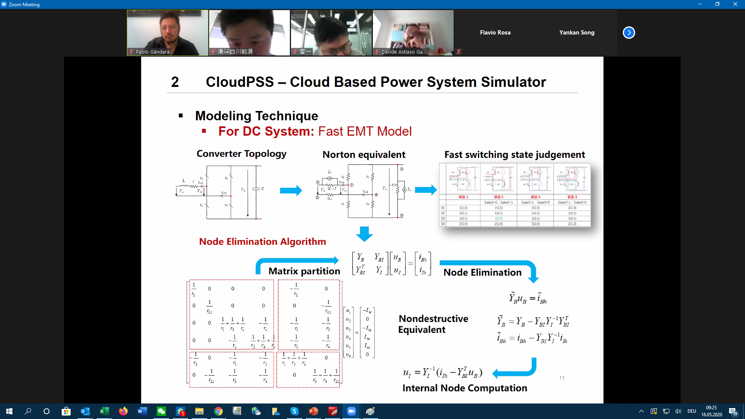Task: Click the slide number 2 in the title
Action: point(175,82)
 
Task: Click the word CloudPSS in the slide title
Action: point(239,82)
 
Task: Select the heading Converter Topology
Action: point(241,154)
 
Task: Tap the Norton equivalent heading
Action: point(364,155)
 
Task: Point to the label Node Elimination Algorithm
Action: point(262,242)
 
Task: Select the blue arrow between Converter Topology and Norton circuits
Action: point(291,190)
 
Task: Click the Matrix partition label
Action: point(304,271)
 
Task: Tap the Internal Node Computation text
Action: point(464,388)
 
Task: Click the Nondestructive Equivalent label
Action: point(433,324)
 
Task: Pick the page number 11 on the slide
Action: point(562,378)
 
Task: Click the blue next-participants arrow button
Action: point(629,33)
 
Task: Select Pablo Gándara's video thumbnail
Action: point(167,33)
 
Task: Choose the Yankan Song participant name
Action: point(577,33)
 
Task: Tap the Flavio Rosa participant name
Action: point(495,33)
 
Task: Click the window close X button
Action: point(735,4)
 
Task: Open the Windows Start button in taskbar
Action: point(9,411)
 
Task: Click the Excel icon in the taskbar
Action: point(104,411)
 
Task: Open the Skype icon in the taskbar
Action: point(295,411)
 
